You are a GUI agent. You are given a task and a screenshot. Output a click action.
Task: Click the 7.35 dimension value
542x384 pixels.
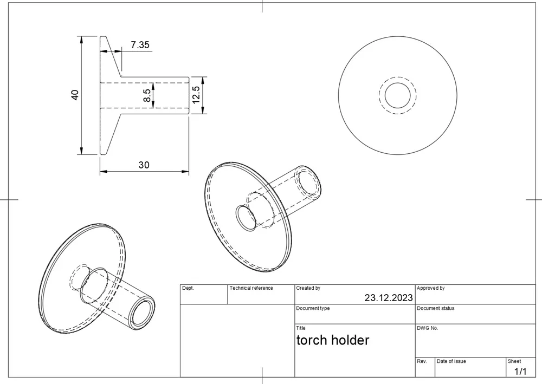(x=140, y=45)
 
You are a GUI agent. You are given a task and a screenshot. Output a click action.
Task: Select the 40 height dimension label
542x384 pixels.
(x=75, y=94)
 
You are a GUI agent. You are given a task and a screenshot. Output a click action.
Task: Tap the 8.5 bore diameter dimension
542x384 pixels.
(x=147, y=96)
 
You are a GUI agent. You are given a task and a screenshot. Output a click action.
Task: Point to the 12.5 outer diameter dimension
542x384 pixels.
(x=196, y=95)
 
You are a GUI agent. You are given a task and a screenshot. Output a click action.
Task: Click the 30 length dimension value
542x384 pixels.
(x=144, y=165)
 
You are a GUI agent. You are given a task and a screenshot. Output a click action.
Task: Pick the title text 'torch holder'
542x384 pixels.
(x=332, y=340)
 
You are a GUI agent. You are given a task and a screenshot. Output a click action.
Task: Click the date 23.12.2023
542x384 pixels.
(x=388, y=297)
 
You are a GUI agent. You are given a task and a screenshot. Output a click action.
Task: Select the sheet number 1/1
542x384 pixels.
(x=520, y=371)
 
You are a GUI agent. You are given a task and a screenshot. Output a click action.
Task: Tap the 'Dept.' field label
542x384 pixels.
(x=188, y=288)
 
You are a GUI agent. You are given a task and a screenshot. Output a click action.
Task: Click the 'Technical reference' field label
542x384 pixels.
(x=251, y=288)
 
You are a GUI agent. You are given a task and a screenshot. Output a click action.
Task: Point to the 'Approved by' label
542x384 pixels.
(x=430, y=288)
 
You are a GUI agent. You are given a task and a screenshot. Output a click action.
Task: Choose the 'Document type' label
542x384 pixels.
(x=313, y=308)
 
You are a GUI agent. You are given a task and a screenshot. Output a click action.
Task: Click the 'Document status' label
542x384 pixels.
(x=435, y=308)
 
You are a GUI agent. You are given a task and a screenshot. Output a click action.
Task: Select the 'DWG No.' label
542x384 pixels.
(x=427, y=328)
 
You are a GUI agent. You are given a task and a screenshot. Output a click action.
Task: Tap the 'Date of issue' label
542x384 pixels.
(x=451, y=361)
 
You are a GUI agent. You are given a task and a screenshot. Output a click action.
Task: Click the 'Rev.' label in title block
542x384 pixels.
(x=422, y=361)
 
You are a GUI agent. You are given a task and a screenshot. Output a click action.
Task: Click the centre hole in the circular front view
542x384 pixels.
(x=397, y=96)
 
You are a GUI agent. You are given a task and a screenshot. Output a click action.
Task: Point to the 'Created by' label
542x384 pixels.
(x=308, y=288)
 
